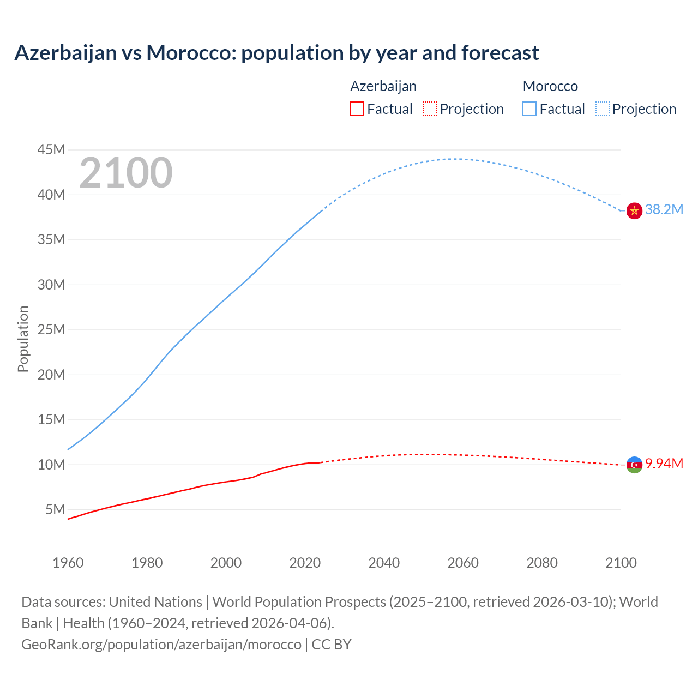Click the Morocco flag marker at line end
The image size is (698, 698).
(634, 210)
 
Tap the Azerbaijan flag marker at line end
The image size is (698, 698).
(634, 465)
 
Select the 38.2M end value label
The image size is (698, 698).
(664, 210)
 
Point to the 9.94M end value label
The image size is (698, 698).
(664, 464)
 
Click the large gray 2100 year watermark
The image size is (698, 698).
(126, 173)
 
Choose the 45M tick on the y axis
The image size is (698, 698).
(51, 150)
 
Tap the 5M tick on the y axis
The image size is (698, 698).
(55, 510)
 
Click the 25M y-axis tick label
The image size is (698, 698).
(51, 330)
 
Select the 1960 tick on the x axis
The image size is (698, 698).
(68, 563)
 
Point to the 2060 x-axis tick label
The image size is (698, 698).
(463, 563)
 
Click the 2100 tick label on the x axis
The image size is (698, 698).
(621, 563)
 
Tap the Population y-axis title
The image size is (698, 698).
(23, 339)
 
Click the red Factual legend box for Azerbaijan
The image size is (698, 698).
(357, 109)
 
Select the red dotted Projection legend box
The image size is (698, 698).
(430, 109)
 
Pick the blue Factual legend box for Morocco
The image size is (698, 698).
(529, 109)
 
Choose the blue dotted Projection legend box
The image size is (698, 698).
(603, 109)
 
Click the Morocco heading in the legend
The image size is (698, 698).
(550, 86)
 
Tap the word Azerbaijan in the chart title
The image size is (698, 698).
(65, 53)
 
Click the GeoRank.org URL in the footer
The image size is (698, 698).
(161, 645)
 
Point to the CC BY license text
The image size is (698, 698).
(332, 645)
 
